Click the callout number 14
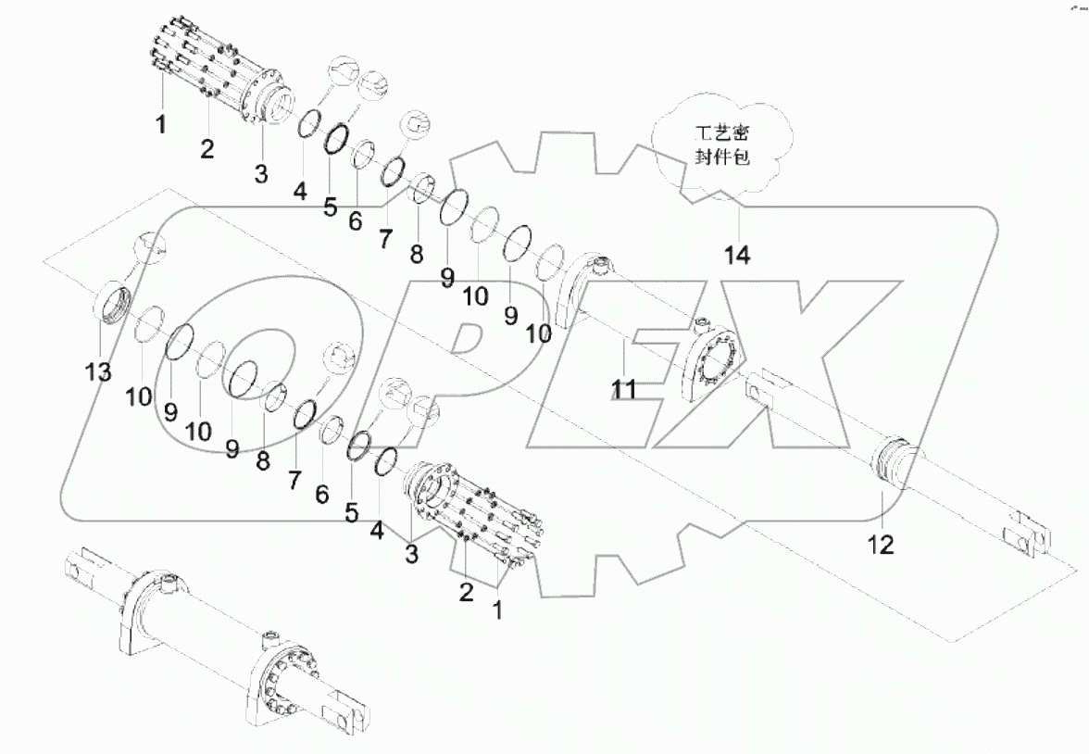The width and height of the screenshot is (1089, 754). (x=737, y=255)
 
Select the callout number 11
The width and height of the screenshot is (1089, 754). (x=624, y=389)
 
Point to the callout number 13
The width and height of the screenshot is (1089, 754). (x=98, y=372)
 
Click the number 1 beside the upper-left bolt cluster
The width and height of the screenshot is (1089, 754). (x=160, y=123)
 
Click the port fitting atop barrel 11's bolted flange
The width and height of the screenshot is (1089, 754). (x=702, y=325)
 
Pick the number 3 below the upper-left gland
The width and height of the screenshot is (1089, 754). (x=261, y=171)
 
